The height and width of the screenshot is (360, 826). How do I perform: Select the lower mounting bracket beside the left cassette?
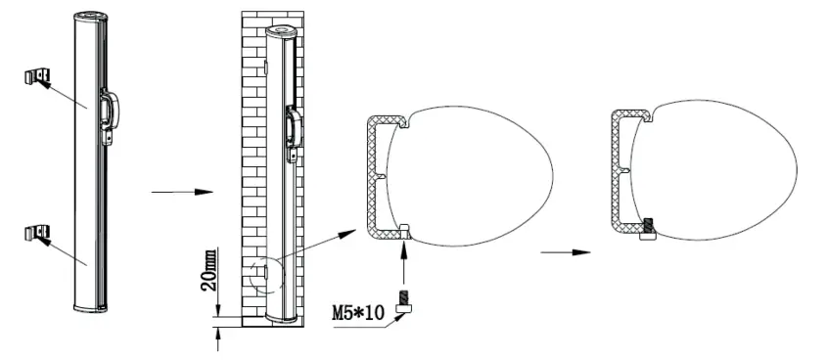(36, 234)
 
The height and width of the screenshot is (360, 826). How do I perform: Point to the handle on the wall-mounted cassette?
(292, 132)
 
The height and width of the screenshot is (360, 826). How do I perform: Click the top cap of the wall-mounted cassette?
(282, 31)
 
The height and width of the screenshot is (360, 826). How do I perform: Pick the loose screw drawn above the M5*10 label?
(401, 299)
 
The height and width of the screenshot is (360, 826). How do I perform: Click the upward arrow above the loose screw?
(403, 264)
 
